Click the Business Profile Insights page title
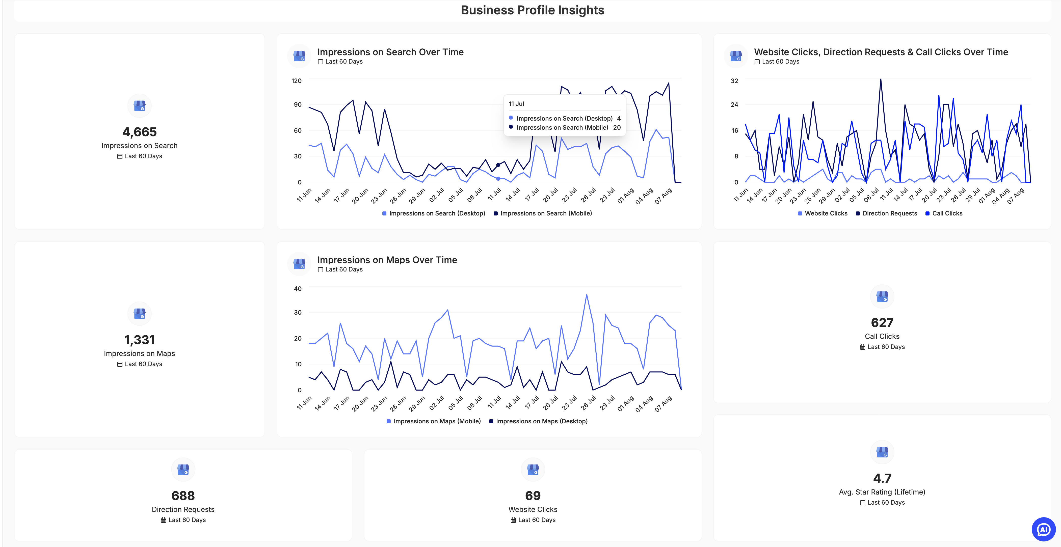click(x=532, y=10)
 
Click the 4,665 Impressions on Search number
click(x=139, y=132)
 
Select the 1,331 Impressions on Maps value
click(x=139, y=340)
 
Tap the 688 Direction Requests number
click(x=183, y=496)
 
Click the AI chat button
click(x=1043, y=529)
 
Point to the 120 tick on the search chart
click(x=297, y=81)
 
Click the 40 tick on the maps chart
click(x=297, y=289)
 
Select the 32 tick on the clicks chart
click(x=734, y=81)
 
